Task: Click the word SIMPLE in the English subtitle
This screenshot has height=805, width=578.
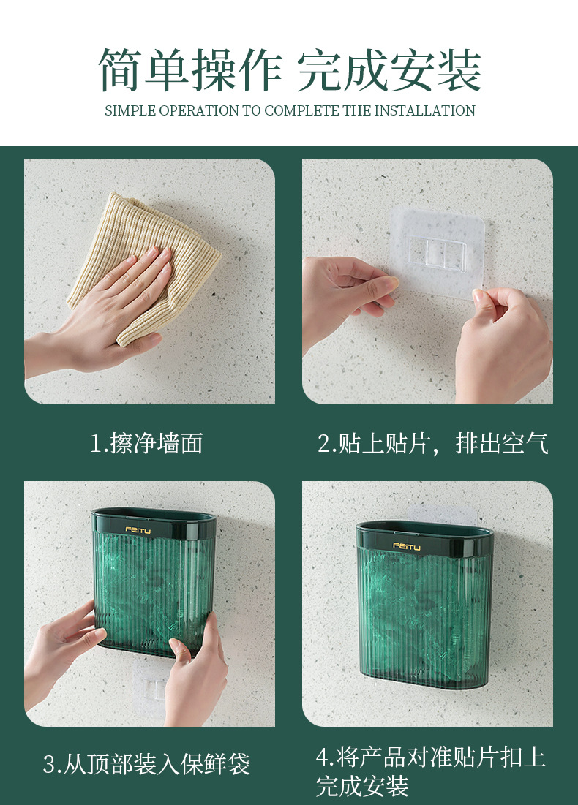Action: pos(130,111)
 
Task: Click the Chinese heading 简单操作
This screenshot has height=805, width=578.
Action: pos(190,71)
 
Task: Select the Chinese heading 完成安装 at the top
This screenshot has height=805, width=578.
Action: pos(389,71)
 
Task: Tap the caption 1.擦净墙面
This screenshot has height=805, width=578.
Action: pos(146,443)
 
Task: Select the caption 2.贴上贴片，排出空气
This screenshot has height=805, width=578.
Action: pos(432,443)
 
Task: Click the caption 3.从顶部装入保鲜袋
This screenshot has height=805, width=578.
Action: pos(146,765)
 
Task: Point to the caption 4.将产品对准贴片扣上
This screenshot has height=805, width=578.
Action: pos(431,757)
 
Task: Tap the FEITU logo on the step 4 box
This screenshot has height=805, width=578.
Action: pos(406,545)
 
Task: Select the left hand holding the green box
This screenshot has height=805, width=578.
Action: pos(62,643)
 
